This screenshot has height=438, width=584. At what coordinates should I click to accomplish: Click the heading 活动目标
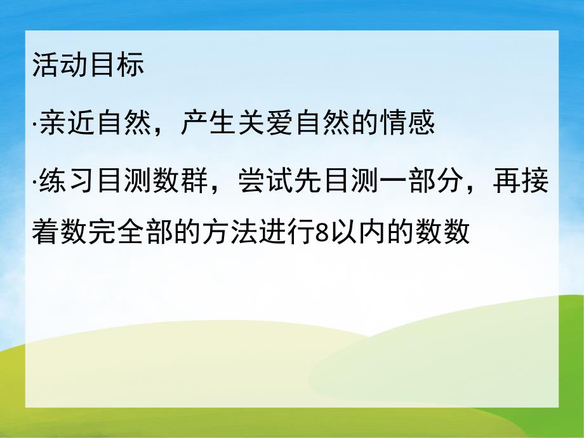[88, 67]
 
